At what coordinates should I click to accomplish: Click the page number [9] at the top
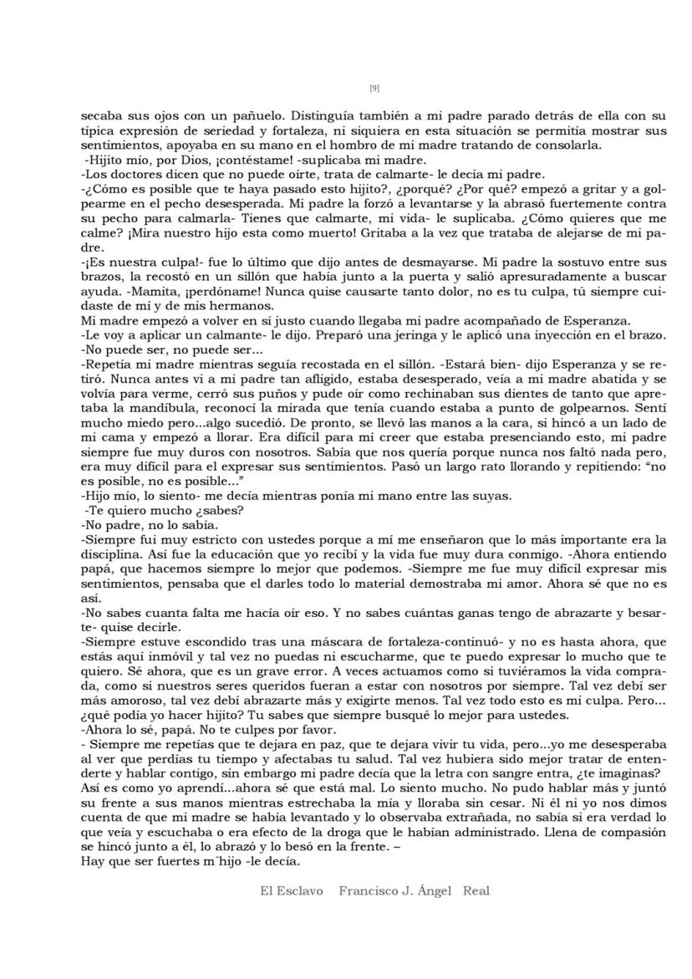(x=374, y=89)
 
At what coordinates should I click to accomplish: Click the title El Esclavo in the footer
(x=292, y=891)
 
